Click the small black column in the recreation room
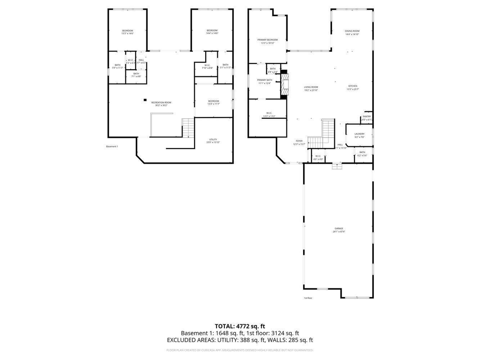click(x=145, y=100)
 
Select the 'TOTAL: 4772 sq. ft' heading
click(x=239, y=326)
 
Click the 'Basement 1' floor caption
click(x=112, y=146)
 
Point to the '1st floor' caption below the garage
click(x=308, y=298)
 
